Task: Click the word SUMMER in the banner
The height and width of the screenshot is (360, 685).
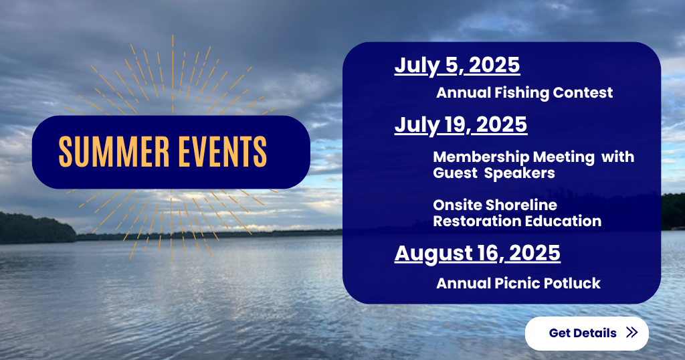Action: (x=114, y=152)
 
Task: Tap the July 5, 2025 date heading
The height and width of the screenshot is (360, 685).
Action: (x=457, y=66)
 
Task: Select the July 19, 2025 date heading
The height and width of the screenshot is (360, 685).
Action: (x=461, y=125)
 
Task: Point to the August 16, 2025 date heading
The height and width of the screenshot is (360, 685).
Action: (x=478, y=254)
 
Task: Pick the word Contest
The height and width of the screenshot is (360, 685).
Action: (x=583, y=92)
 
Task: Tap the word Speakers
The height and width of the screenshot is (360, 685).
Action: (x=519, y=173)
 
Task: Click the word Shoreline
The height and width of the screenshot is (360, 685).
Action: (x=520, y=205)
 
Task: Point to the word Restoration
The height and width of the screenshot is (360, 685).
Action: (x=477, y=221)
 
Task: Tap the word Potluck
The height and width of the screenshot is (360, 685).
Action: (x=566, y=283)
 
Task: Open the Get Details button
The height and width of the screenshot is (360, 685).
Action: (x=587, y=333)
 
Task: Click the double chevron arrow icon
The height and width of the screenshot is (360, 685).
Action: (x=631, y=333)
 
